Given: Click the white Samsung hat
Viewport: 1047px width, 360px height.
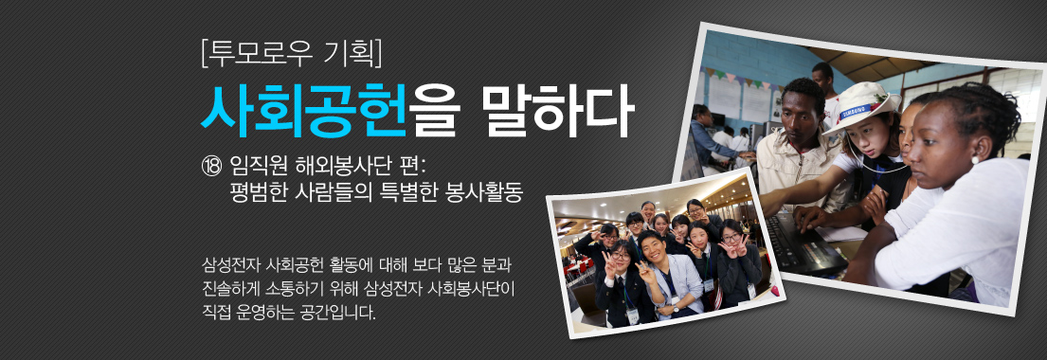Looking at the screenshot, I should (x=859, y=104).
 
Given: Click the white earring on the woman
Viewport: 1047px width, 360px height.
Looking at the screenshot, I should (x=973, y=161).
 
